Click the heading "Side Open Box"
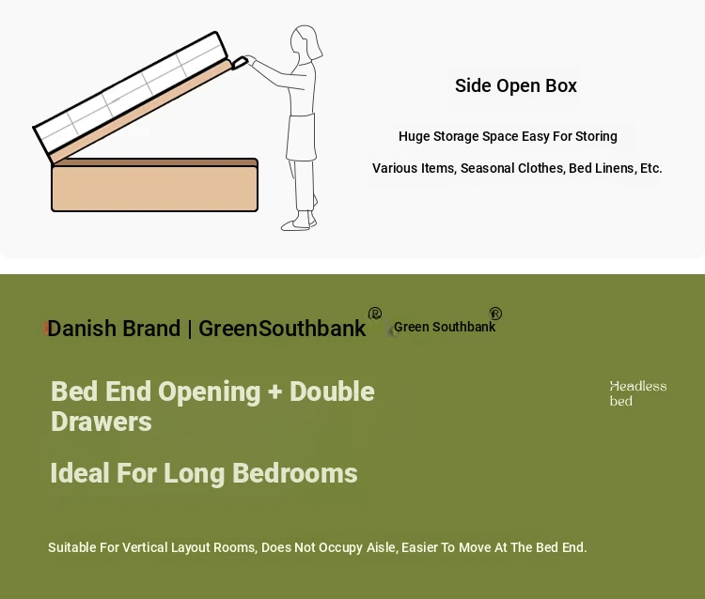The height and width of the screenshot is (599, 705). pyautogui.click(x=516, y=85)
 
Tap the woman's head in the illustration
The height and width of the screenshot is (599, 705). pyautogui.click(x=305, y=42)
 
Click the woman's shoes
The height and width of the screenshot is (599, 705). pyautogui.click(x=299, y=223)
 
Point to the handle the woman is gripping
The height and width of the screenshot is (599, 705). pyautogui.click(x=239, y=62)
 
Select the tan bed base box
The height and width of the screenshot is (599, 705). pyautogui.click(x=155, y=185)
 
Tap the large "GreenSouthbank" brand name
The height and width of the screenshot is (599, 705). pyautogui.click(x=282, y=329)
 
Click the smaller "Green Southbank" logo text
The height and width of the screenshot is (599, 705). pyautogui.click(x=445, y=327)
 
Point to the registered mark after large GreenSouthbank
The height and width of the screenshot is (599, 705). pyautogui.click(x=374, y=314)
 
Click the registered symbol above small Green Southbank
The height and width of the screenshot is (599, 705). pyautogui.click(x=495, y=314)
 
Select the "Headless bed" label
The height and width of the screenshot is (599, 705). pyautogui.click(x=638, y=393)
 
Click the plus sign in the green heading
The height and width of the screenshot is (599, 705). pyautogui.click(x=274, y=392)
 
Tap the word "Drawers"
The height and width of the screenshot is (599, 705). pyautogui.click(x=102, y=422)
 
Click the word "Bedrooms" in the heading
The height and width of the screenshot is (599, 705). pyautogui.click(x=295, y=473)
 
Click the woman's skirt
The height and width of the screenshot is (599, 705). pyautogui.click(x=301, y=137)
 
